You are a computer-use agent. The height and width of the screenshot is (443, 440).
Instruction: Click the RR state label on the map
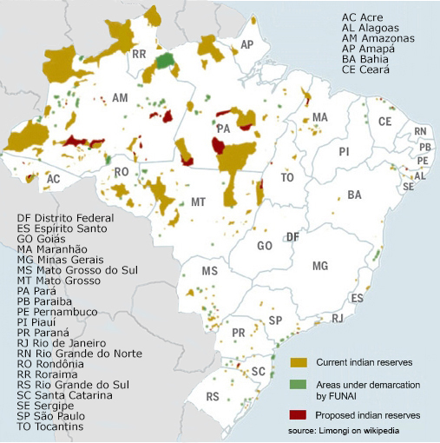click(139, 54)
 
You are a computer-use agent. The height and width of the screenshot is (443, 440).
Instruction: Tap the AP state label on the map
click(247, 45)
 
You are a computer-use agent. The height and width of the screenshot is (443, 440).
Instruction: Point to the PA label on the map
click(224, 127)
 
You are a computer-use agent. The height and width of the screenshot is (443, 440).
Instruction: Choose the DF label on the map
click(293, 237)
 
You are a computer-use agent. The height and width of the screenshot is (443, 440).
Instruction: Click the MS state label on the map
click(208, 272)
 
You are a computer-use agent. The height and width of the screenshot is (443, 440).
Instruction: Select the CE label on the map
click(385, 121)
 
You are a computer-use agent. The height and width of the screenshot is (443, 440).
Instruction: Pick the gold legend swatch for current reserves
click(298, 360)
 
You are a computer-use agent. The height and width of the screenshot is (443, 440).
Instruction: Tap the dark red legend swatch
click(298, 414)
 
